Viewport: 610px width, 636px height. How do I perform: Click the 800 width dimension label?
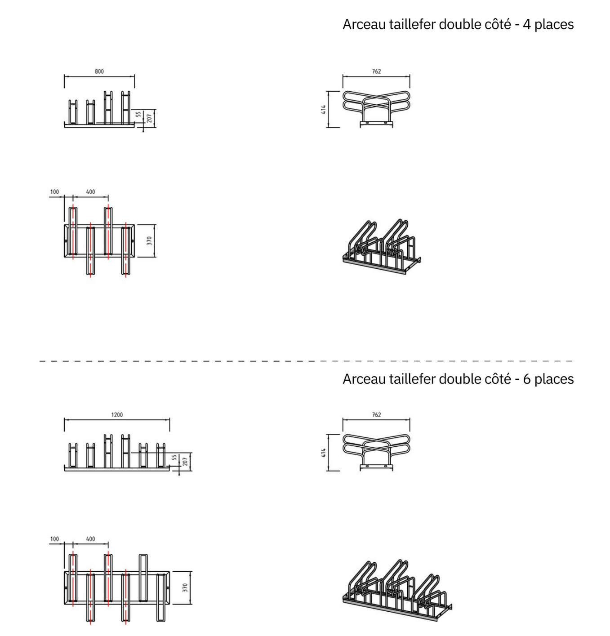[x=99, y=71]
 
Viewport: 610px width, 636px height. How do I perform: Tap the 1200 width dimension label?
[x=117, y=415]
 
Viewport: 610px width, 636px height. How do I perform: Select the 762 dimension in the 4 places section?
[x=376, y=71]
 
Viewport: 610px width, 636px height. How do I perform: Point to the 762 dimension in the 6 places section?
[x=376, y=415]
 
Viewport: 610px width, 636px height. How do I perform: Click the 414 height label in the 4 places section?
[x=323, y=109]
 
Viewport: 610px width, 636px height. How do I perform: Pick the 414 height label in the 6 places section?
[x=323, y=453]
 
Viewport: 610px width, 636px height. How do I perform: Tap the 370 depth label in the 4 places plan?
[x=149, y=241]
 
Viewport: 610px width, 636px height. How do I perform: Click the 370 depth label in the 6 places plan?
[x=185, y=587]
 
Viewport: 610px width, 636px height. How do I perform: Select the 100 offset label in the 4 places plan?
[x=54, y=192]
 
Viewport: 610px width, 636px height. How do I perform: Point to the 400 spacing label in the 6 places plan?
[x=90, y=539]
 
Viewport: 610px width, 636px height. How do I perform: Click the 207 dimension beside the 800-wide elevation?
[x=149, y=118]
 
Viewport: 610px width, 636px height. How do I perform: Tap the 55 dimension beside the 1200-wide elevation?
[x=174, y=457]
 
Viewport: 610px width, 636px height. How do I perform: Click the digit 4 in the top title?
[x=526, y=25]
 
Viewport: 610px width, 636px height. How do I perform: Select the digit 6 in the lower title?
[x=526, y=379]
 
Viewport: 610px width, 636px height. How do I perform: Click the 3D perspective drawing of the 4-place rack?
[x=381, y=247]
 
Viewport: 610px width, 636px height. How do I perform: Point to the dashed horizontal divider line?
[x=306, y=361]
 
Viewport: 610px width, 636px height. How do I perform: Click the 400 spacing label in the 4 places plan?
[x=90, y=192]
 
